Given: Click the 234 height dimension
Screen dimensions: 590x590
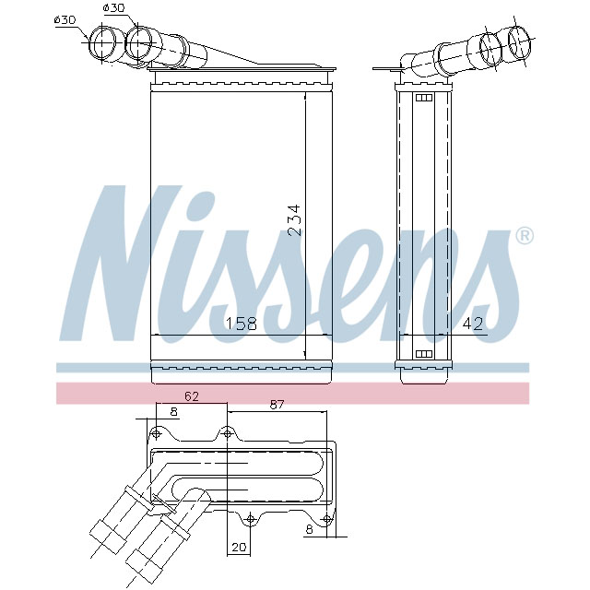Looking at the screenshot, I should [294, 220].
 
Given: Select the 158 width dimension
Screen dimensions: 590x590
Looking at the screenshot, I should [242, 323].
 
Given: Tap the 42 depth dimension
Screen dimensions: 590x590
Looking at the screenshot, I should [472, 323].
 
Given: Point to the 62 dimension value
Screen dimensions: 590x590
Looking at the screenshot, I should [191, 396].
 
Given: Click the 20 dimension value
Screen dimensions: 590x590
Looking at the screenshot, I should [241, 547].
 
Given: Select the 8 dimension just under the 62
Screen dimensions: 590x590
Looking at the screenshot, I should [173, 412].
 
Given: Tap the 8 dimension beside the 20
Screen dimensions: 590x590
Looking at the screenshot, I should [310, 530].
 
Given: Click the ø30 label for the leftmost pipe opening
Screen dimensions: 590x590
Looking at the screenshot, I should [65, 20].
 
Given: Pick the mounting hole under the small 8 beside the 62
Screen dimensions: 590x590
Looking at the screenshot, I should [155, 433].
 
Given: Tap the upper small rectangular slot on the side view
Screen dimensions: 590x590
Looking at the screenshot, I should [425, 98].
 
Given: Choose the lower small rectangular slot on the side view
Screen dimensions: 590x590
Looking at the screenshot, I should [425, 353].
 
